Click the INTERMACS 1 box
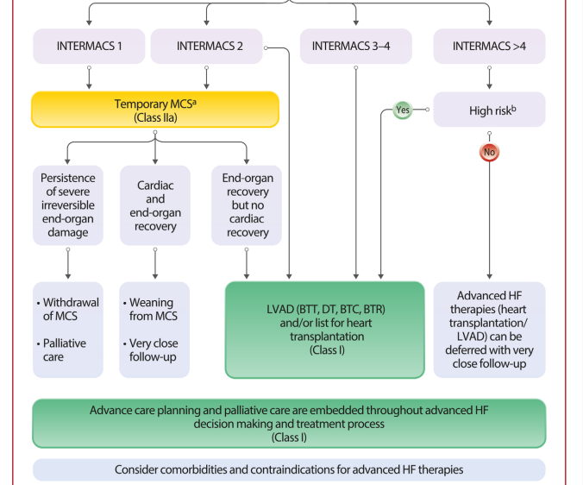click(89, 46)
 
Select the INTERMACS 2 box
click(206, 46)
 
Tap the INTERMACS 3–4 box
click(356, 46)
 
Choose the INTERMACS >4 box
click(489, 46)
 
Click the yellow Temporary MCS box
click(155, 110)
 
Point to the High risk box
click(489, 110)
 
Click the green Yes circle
click(403, 110)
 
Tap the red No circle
click(489, 152)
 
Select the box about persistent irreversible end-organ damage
click(68, 205)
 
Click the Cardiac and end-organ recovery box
click(155, 205)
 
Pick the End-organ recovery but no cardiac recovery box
click(247, 205)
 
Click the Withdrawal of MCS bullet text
click(68, 309)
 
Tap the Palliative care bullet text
click(62, 350)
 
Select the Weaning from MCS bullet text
click(151, 309)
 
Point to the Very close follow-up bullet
click(151, 350)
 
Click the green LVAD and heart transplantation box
click(325, 330)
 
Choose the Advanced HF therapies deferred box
click(489, 330)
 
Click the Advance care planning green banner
click(289, 424)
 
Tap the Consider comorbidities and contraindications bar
click(289, 469)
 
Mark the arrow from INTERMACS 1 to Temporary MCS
click(89, 78)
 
